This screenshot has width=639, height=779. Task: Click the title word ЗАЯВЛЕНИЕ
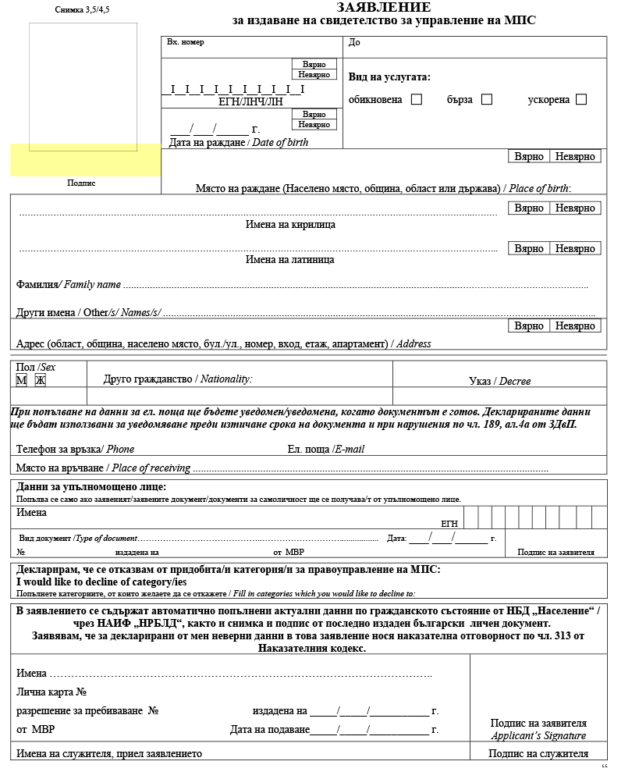pos(383,7)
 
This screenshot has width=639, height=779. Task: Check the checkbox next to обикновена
pos(417,99)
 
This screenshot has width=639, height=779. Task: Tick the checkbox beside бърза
pos(487,99)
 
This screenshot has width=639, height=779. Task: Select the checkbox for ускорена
pos(581,99)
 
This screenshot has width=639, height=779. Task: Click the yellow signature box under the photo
pos(85,160)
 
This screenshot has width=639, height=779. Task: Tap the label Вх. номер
pos(186,42)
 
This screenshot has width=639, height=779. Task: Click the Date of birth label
pos(239,143)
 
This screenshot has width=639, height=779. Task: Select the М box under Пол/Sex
pos(22,380)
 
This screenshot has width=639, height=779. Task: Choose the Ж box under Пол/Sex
pos(41,380)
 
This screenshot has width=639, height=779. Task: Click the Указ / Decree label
pos(499,381)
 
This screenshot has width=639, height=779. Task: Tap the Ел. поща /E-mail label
pos(325,449)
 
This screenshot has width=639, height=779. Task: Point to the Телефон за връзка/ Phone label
pos(75,449)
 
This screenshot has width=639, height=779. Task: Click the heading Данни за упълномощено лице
pos(91,487)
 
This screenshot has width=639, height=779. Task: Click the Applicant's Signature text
pos(538,735)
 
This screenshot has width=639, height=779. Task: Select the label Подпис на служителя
pos(538,753)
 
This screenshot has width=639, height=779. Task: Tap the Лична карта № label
pos(51,692)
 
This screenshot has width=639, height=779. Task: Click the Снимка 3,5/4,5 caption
pos(83,10)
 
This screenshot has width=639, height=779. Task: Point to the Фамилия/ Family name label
pos(68,285)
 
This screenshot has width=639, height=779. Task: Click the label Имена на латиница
pos(290,259)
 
